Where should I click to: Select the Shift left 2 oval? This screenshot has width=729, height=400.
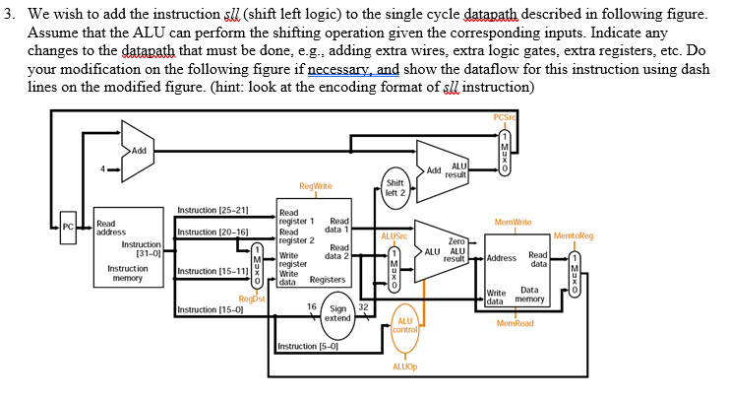395,188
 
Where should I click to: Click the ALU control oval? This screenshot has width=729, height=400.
405,327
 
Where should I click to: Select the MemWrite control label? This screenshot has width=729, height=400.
514,224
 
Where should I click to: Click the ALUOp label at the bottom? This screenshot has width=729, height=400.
405,366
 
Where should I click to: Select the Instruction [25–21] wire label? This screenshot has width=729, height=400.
212,210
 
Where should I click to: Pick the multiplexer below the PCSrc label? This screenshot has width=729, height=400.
504,147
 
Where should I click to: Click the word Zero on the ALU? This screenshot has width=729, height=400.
456,240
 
